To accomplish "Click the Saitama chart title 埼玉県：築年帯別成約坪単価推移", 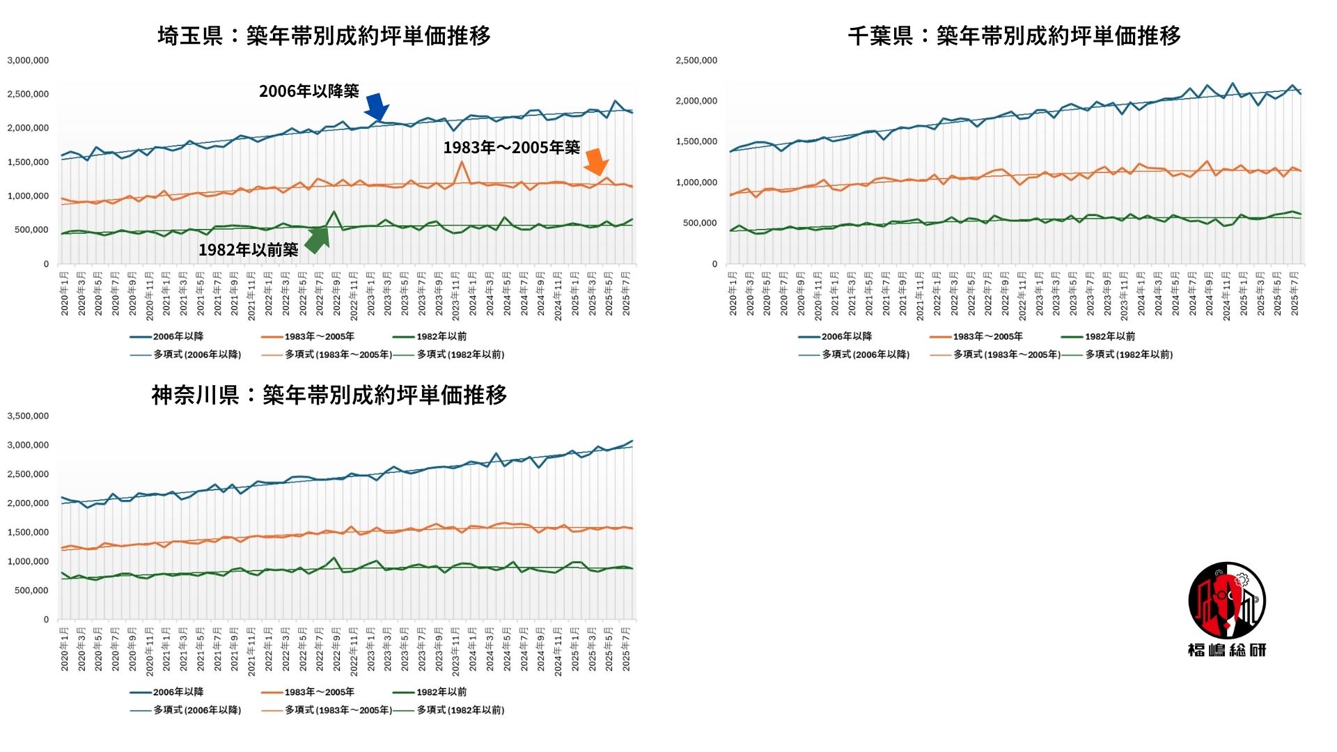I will click(324, 36).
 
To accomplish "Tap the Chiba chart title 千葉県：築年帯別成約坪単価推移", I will click(1014, 36).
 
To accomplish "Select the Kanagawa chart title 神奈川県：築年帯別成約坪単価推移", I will click(329, 395).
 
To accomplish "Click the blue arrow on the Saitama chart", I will click(376, 107).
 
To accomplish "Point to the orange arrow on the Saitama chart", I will click(595, 162).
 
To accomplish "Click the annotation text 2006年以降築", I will click(308, 91).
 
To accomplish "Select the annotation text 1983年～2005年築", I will click(511, 148).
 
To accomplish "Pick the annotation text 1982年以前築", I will click(248, 250).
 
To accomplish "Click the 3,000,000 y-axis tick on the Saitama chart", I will click(28, 61).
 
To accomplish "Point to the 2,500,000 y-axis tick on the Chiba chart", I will click(696, 61).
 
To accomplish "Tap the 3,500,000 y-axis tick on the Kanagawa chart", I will click(28, 416).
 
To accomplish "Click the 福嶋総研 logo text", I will click(1226, 650).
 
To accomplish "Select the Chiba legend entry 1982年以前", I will click(1109, 336).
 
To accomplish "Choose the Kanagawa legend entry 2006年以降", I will click(178, 692).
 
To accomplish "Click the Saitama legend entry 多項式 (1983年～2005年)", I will click(338, 354).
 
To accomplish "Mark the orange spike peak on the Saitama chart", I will click(462, 162).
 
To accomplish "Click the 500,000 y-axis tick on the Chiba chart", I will click(699, 224).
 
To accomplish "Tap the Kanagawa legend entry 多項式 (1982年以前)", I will click(460, 710).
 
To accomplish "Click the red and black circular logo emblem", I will click(1227, 600).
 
